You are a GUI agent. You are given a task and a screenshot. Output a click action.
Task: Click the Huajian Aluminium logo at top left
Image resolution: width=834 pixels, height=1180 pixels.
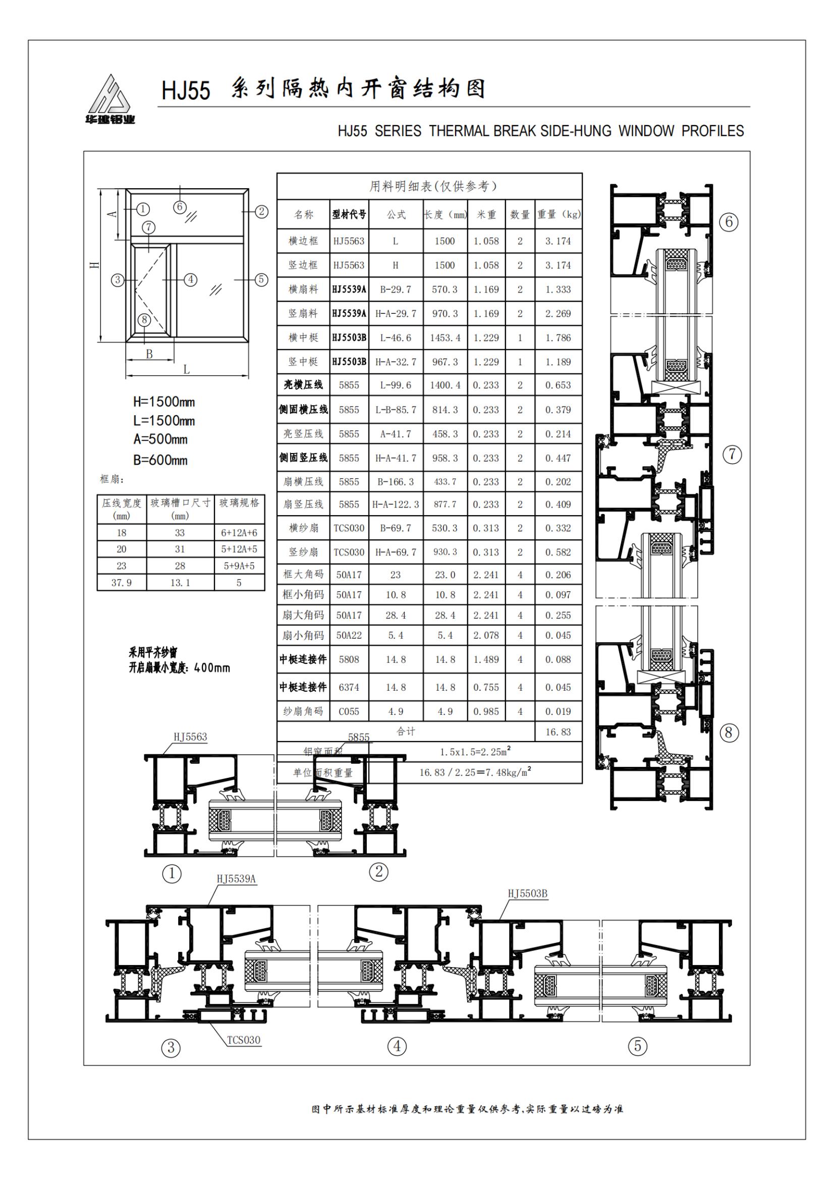[110, 99]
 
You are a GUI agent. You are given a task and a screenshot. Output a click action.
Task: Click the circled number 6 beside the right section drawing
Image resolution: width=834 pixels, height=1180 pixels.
[729, 222]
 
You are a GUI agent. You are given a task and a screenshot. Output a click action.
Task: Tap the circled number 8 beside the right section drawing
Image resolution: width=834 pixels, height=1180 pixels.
[728, 733]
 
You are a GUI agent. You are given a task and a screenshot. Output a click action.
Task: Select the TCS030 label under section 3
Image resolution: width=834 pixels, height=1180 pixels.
[244, 1040]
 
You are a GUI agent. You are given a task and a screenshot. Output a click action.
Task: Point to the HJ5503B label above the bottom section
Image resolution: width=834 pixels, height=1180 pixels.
[527, 893]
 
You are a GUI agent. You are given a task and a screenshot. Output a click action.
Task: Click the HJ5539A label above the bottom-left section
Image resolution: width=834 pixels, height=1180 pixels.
[237, 878]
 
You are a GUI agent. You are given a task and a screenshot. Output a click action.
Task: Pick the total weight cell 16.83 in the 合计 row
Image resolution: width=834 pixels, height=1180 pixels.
[558, 732]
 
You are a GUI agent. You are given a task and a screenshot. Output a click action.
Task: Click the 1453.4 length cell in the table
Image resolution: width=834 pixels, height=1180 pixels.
[445, 338]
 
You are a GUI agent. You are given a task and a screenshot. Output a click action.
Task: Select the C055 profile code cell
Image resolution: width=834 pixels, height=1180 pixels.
[349, 712]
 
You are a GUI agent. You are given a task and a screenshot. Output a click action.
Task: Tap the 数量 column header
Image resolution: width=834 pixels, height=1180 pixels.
[520, 214]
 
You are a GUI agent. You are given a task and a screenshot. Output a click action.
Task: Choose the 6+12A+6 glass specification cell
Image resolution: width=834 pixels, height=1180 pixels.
[239, 533]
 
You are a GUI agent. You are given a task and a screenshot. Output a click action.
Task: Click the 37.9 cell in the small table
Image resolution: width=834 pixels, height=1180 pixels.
[121, 583]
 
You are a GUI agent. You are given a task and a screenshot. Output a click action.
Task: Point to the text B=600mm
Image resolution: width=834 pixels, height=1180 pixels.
[160, 460]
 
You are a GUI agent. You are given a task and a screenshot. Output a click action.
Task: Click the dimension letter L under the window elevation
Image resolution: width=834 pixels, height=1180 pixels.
[187, 369]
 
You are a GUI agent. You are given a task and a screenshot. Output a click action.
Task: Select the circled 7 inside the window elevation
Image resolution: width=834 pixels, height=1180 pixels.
[148, 228]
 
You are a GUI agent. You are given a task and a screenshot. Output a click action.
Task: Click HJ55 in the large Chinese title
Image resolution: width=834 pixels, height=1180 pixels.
[186, 91]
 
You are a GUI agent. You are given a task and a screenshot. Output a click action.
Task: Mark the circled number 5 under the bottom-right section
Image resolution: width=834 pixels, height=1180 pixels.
[638, 1045]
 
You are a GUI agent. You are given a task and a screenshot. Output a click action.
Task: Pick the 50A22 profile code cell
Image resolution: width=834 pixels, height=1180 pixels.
[349, 636]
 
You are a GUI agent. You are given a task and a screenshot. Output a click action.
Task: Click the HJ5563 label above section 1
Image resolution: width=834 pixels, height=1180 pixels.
[190, 737]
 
